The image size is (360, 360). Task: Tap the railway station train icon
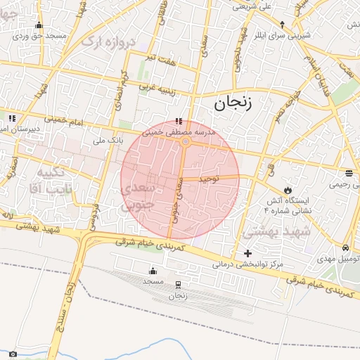[177, 285]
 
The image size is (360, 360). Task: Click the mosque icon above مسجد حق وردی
[38, 25]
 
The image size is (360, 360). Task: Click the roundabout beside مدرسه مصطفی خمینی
[185, 142]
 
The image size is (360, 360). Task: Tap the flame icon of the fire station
[287, 190]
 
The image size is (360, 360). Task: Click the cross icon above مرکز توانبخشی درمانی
[247, 253]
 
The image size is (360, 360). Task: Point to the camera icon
[13, 354]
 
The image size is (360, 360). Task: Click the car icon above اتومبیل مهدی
[346, 248]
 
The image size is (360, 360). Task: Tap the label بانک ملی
[105, 141]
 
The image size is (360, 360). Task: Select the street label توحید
[209, 179]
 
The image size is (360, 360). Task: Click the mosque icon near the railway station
[153, 271]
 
